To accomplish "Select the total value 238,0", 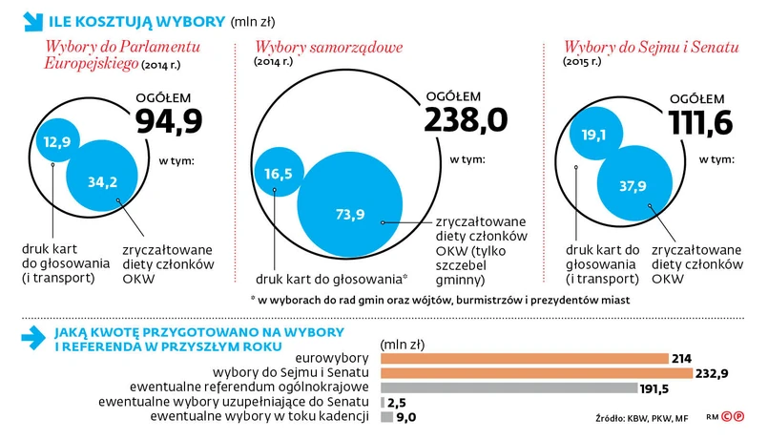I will pos(466,119).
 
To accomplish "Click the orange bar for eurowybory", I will pos(524,358).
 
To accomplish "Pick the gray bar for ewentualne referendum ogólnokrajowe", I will pos(509,388).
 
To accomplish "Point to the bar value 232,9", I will pos(708,373).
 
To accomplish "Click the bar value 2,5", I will pos(398,402).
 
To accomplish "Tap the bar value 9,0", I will pos(406,416).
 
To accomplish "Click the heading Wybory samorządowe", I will pos(328,47).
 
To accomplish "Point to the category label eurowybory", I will pos(337,358).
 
